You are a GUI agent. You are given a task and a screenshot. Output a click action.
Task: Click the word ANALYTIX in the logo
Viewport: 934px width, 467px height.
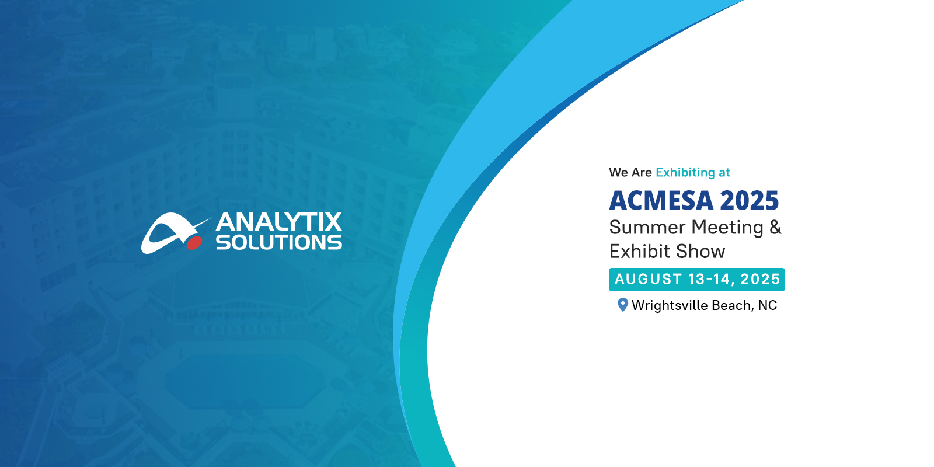pyautogui.click(x=278, y=222)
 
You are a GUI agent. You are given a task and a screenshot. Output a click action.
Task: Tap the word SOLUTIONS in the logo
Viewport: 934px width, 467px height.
pyautogui.click(x=279, y=242)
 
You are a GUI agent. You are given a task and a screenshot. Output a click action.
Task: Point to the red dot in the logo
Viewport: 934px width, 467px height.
pyautogui.click(x=194, y=243)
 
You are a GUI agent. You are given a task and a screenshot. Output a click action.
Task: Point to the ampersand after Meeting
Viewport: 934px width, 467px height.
pyautogui.click(x=775, y=228)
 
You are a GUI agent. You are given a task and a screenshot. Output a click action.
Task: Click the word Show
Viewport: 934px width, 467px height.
pyautogui.click(x=700, y=252)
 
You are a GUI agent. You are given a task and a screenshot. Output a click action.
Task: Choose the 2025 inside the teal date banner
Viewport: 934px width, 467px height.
pyautogui.click(x=759, y=280)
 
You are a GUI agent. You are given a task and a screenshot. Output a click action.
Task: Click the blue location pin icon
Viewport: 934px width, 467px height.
pyautogui.click(x=622, y=305)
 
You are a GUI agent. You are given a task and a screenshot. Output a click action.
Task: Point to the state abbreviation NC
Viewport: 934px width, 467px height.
pyautogui.click(x=768, y=306)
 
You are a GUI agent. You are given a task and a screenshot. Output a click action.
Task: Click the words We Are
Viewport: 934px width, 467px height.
pyautogui.click(x=630, y=172)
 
